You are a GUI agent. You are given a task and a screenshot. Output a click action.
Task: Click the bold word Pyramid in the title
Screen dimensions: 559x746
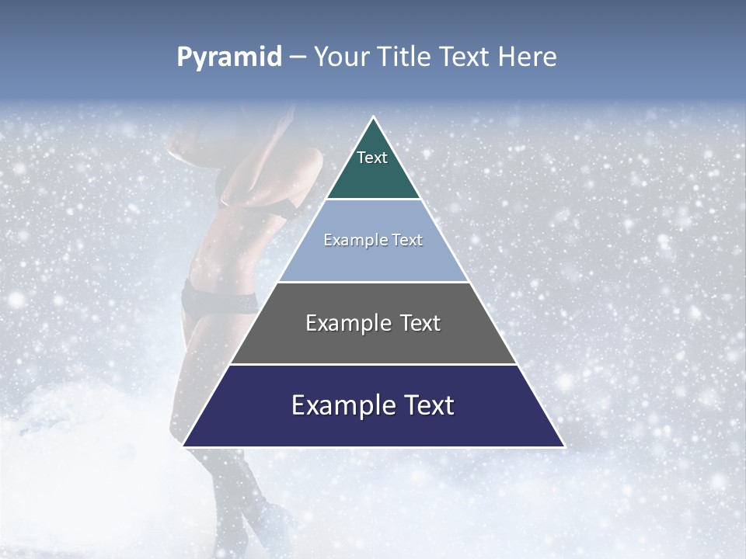pos(228,57)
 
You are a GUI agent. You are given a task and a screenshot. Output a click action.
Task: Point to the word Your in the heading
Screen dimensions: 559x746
pos(341,57)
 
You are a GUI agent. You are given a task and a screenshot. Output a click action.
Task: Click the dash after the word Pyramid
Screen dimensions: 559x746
pos(297,57)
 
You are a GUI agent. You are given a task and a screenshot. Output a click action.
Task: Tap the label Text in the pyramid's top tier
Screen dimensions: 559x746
pos(372,158)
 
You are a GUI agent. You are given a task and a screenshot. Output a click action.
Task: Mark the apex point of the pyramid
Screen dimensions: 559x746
pos(374,117)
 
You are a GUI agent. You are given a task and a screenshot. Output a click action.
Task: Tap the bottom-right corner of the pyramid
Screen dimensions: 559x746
pos(564,446)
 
